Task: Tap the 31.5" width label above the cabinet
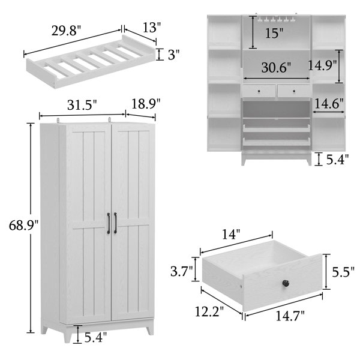pos(82,105)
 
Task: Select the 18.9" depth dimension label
pos(146,104)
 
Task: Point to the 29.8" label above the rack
pos(66,31)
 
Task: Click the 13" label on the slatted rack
pos(152,28)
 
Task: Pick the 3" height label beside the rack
pos(173,55)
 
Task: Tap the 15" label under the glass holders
pos(274,33)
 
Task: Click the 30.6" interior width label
pos(276,67)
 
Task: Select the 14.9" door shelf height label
pos(322,65)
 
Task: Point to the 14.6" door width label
pos(329,103)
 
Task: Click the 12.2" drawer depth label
pos(209,311)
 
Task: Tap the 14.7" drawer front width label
pos(290,316)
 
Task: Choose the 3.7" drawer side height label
pos(182,271)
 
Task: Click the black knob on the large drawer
pos(286,283)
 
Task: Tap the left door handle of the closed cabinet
pos(109,223)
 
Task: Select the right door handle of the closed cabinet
pos(115,223)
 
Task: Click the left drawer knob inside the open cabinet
pos(259,91)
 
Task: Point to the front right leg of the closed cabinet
pos(150,326)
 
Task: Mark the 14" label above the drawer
pos(231,235)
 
